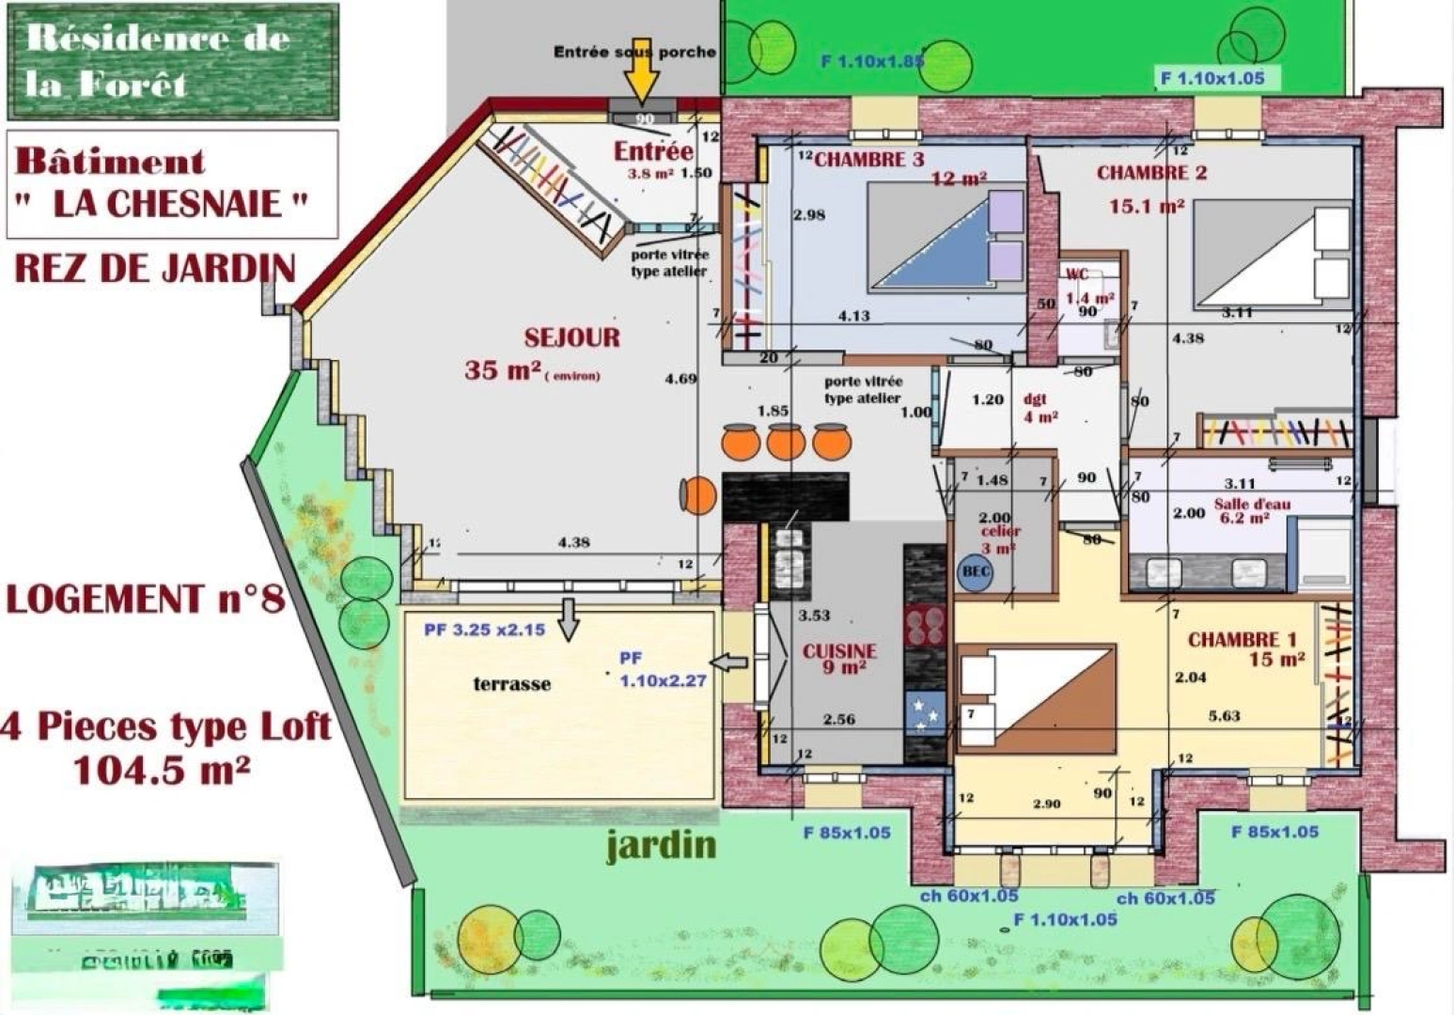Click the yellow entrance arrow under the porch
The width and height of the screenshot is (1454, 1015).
pyautogui.click(x=642, y=76)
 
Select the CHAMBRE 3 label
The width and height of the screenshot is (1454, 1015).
pyautogui.click(x=869, y=160)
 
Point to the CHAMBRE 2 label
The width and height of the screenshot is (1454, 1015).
pyautogui.click(x=1151, y=173)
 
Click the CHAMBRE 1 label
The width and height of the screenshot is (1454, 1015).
pyautogui.click(x=1241, y=640)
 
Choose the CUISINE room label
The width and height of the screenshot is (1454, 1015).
pyautogui.click(x=839, y=651)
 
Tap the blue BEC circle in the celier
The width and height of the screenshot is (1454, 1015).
pyautogui.click(x=976, y=571)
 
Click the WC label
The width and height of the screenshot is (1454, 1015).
pyautogui.click(x=1077, y=274)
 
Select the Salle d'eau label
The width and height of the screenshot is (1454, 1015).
pyautogui.click(x=1252, y=504)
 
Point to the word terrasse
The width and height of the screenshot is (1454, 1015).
pyautogui.click(x=511, y=684)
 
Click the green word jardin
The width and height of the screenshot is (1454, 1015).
pyautogui.click(x=661, y=845)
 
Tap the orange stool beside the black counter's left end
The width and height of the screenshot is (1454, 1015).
pyautogui.click(x=697, y=495)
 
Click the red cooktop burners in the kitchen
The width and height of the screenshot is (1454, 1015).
pyautogui.click(x=925, y=626)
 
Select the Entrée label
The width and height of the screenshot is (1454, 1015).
pyautogui.click(x=653, y=151)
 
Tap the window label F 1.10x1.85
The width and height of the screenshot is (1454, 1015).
pyautogui.click(x=871, y=62)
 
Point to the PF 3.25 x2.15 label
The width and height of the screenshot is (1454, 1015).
pyautogui.click(x=484, y=630)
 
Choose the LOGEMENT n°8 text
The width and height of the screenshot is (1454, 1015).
pyautogui.click(x=145, y=599)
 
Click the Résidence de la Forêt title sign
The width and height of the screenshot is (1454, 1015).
pyautogui.click(x=173, y=62)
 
